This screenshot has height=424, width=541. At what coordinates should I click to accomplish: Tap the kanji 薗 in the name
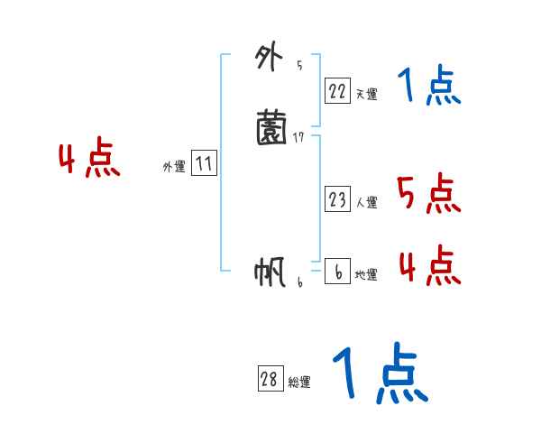[x=271, y=127]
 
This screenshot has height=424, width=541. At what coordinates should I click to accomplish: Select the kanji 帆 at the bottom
[x=270, y=272]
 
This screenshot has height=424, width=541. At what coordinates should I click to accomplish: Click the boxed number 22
[x=337, y=90]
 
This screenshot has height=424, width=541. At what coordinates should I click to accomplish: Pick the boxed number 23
[x=337, y=200]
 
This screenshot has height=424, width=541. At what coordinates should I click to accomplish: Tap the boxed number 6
[x=337, y=272]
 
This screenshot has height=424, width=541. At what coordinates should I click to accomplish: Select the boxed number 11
[x=204, y=164]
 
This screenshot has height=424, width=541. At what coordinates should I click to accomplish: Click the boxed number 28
[x=270, y=380]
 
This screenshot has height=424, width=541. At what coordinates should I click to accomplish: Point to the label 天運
[x=365, y=93]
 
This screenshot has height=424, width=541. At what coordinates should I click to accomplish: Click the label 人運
[x=366, y=203]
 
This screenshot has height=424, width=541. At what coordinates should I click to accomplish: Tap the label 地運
[x=366, y=274]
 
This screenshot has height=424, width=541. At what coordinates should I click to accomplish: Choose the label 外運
[x=174, y=167]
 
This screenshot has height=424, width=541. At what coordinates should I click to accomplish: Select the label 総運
[x=299, y=383]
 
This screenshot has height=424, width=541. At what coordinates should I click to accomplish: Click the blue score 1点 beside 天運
[x=429, y=87]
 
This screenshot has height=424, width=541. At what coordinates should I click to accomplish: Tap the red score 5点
[x=428, y=193]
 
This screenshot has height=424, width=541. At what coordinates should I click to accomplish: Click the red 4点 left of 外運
[x=89, y=161]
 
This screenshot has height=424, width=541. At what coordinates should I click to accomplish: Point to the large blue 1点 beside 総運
[x=379, y=373]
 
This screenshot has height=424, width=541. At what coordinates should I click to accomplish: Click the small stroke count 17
[x=300, y=137]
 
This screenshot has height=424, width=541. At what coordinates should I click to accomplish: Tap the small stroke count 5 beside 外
[x=299, y=66]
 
